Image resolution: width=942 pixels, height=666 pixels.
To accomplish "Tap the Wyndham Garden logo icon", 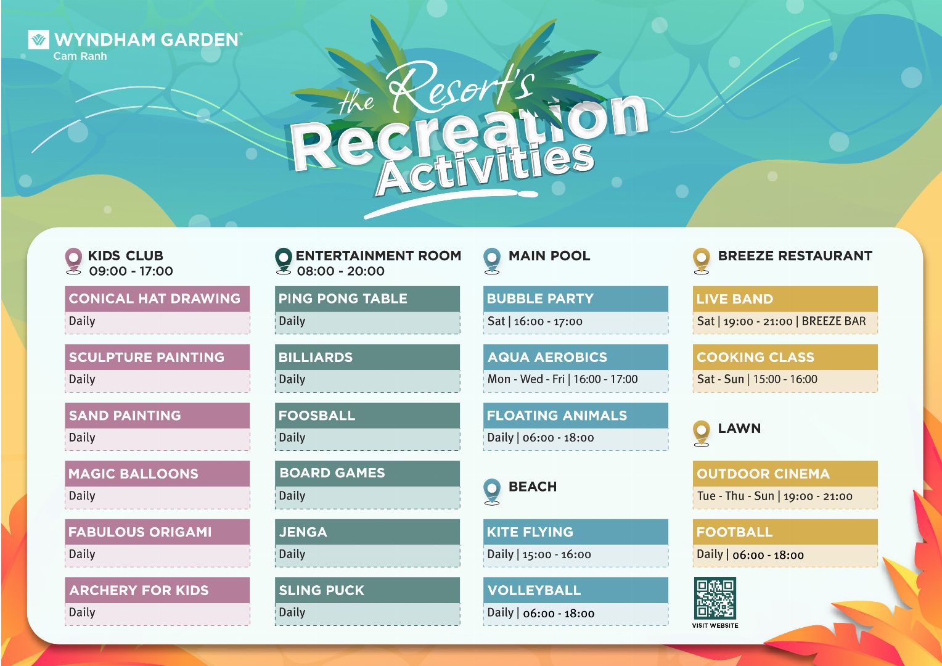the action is click(x=39, y=39).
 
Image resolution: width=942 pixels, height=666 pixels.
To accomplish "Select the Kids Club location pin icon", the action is click(x=73, y=261).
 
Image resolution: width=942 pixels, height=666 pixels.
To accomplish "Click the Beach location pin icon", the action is click(x=492, y=491).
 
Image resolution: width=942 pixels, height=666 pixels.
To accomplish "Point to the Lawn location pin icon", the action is click(x=702, y=434).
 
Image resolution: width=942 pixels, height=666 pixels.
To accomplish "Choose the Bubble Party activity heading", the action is click(x=540, y=298).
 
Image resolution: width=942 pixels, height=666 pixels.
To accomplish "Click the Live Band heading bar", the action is click(x=785, y=298).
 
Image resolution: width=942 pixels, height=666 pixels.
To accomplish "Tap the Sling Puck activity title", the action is click(x=322, y=590).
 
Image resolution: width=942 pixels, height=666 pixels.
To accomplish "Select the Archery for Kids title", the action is click(x=139, y=590).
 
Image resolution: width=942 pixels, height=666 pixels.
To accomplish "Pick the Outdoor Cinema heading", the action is click(x=763, y=474).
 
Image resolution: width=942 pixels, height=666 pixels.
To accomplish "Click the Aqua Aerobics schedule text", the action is click(x=563, y=379).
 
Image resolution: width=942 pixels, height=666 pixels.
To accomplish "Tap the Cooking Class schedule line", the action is click(x=757, y=379).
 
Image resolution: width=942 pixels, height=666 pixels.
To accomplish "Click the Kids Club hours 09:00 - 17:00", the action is click(x=131, y=271).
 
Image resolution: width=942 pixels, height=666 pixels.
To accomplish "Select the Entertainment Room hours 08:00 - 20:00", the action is click(x=341, y=271).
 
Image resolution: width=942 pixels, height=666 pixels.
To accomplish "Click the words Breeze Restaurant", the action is click(x=795, y=256).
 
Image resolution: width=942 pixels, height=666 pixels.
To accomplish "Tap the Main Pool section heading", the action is click(x=549, y=256).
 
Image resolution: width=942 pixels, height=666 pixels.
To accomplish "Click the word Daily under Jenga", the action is click(x=292, y=554).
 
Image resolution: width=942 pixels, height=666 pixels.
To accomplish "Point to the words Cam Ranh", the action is click(x=80, y=56).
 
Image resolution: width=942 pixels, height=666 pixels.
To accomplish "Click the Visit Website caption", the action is click(x=715, y=626).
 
